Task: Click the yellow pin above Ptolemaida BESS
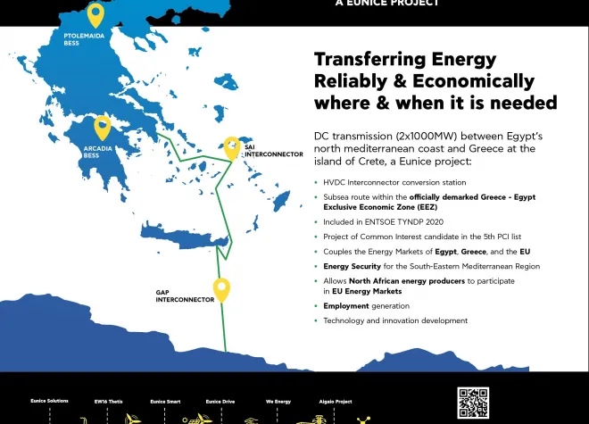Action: [95, 14]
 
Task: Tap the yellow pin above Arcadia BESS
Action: [102, 129]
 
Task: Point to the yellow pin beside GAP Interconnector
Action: [221, 290]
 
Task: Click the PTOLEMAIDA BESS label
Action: [84, 39]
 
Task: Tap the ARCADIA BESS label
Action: [97, 152]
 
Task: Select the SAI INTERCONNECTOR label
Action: [274, 151]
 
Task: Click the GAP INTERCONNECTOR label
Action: [185, 296]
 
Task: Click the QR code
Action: [473, 403]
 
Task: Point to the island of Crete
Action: [184, 236]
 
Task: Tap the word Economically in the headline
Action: [473, 81]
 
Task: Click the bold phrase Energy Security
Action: [352, 267]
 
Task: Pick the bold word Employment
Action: [346, 306]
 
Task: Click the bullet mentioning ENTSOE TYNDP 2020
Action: [383, 222]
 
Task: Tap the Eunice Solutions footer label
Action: [50, 401]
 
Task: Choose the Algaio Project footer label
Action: [336, 402]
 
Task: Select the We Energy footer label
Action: [278, 402]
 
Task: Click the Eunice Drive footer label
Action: [220, 402]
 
